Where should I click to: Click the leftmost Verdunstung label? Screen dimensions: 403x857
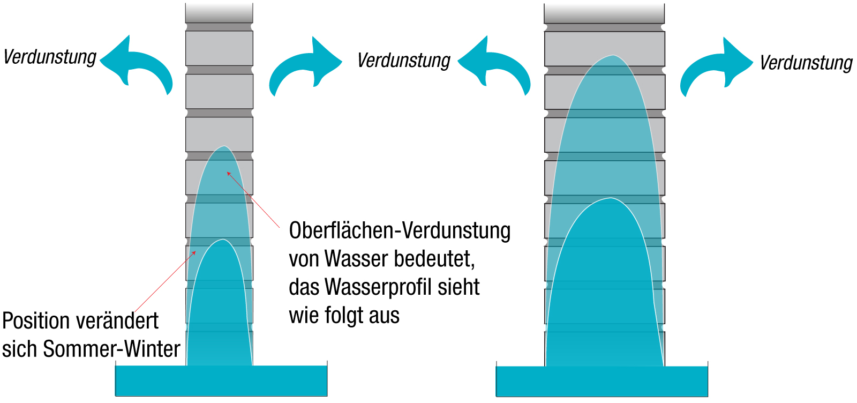[x=50, y=57]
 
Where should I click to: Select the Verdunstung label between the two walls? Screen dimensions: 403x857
[x=404, y=61]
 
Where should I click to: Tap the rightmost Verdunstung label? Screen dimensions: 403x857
[x=806, y=63]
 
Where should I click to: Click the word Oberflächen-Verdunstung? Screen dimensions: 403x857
[x=400, y=231]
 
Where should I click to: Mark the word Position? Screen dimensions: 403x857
[x=35, y=322]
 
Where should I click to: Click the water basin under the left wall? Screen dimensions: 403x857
[x=221, y=381]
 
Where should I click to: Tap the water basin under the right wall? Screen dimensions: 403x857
[x=602, y=382]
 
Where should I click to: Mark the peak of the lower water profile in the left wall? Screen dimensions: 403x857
[x=222, y=240]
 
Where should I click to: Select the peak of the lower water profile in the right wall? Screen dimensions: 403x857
[x=610, y=199]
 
